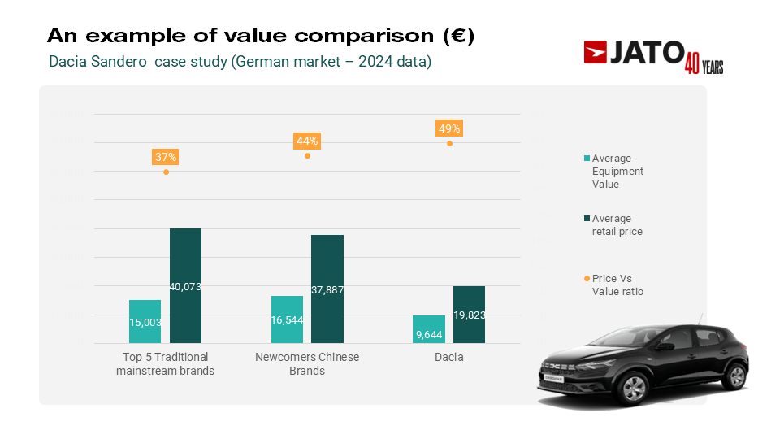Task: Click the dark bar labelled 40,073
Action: (x=185, y=285)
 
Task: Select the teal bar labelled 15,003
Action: (x=145, y=321)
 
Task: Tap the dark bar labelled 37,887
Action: (x=327, y=289)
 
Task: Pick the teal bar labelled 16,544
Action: (x=287, y=319)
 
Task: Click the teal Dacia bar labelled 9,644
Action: (x=429, y=329)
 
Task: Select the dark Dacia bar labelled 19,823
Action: (x=469, y=315)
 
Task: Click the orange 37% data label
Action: (x=166, y=157)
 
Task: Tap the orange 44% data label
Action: (x=307, y=141)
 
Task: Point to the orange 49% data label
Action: (x=449, y=128)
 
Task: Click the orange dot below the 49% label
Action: (x=449, y=143)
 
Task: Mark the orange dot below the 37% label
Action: (x=166, y=172)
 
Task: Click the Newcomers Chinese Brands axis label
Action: (x=307, y=364)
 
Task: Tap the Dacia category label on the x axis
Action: (x=449, y=357)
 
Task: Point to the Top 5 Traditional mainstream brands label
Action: (x=166, y=364)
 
